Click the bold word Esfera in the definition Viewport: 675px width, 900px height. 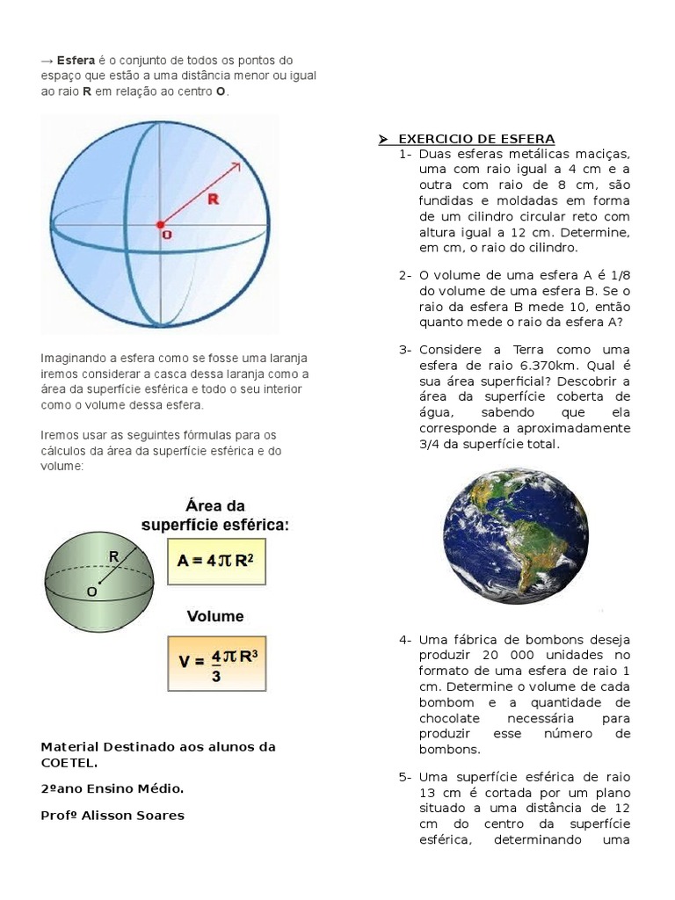coord(76,61)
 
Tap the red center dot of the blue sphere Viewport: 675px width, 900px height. coord(160,225)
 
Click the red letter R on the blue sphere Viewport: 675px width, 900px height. coord(212,200)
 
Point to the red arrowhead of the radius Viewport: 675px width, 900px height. coord(237,165)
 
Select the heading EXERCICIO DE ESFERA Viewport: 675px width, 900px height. coord(476,139)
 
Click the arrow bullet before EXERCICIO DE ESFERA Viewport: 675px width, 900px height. coord(383,139)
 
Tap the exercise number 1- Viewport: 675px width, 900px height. coord(405,155)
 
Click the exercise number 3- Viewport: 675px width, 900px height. coord(405,350)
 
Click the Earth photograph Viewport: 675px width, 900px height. coord(516,534)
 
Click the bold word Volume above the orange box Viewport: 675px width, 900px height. coord(214,616)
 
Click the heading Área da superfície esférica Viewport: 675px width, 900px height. coord(215,515)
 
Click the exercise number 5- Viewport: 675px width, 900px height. coord(405,777)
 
